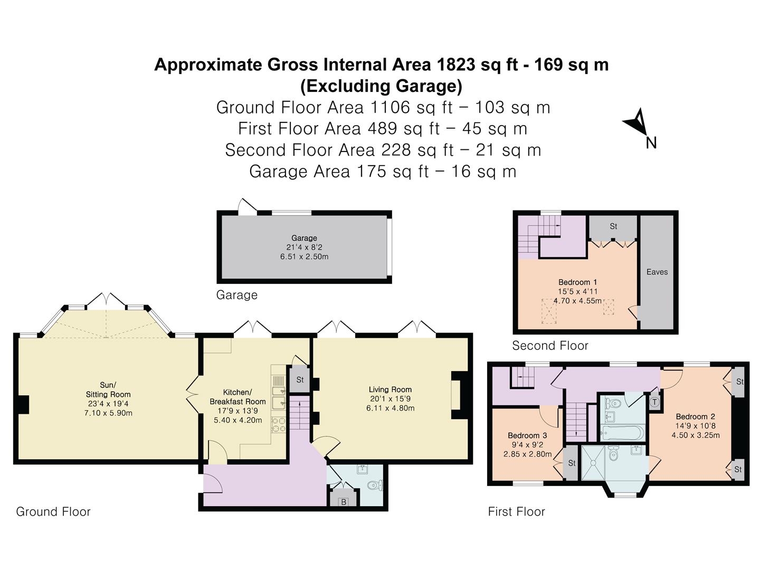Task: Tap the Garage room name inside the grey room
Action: point(304,238)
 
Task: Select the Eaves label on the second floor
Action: point(657,272)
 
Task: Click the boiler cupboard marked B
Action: point(344,501)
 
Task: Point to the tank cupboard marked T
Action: point(655,402)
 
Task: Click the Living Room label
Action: point(390,389)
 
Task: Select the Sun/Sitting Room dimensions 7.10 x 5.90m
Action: point(108,413)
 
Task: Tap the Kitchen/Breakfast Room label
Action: point(237,397)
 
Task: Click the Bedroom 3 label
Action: point(527,435)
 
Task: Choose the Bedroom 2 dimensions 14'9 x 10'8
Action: point(696,426)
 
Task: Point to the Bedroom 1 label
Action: point(577,282)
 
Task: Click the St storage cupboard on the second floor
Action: point(613,227)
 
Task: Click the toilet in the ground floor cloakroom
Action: point(375,486)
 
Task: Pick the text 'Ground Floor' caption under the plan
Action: point(53,511)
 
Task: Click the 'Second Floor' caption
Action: point(550,346)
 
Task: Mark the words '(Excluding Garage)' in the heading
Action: point(381,85)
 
